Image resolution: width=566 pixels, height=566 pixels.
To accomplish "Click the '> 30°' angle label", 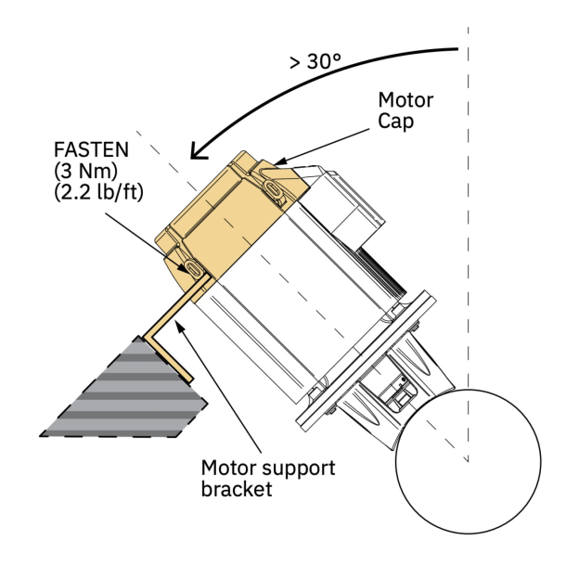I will click(315, 62).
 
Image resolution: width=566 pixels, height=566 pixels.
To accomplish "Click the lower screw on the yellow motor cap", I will click(191, 267).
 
